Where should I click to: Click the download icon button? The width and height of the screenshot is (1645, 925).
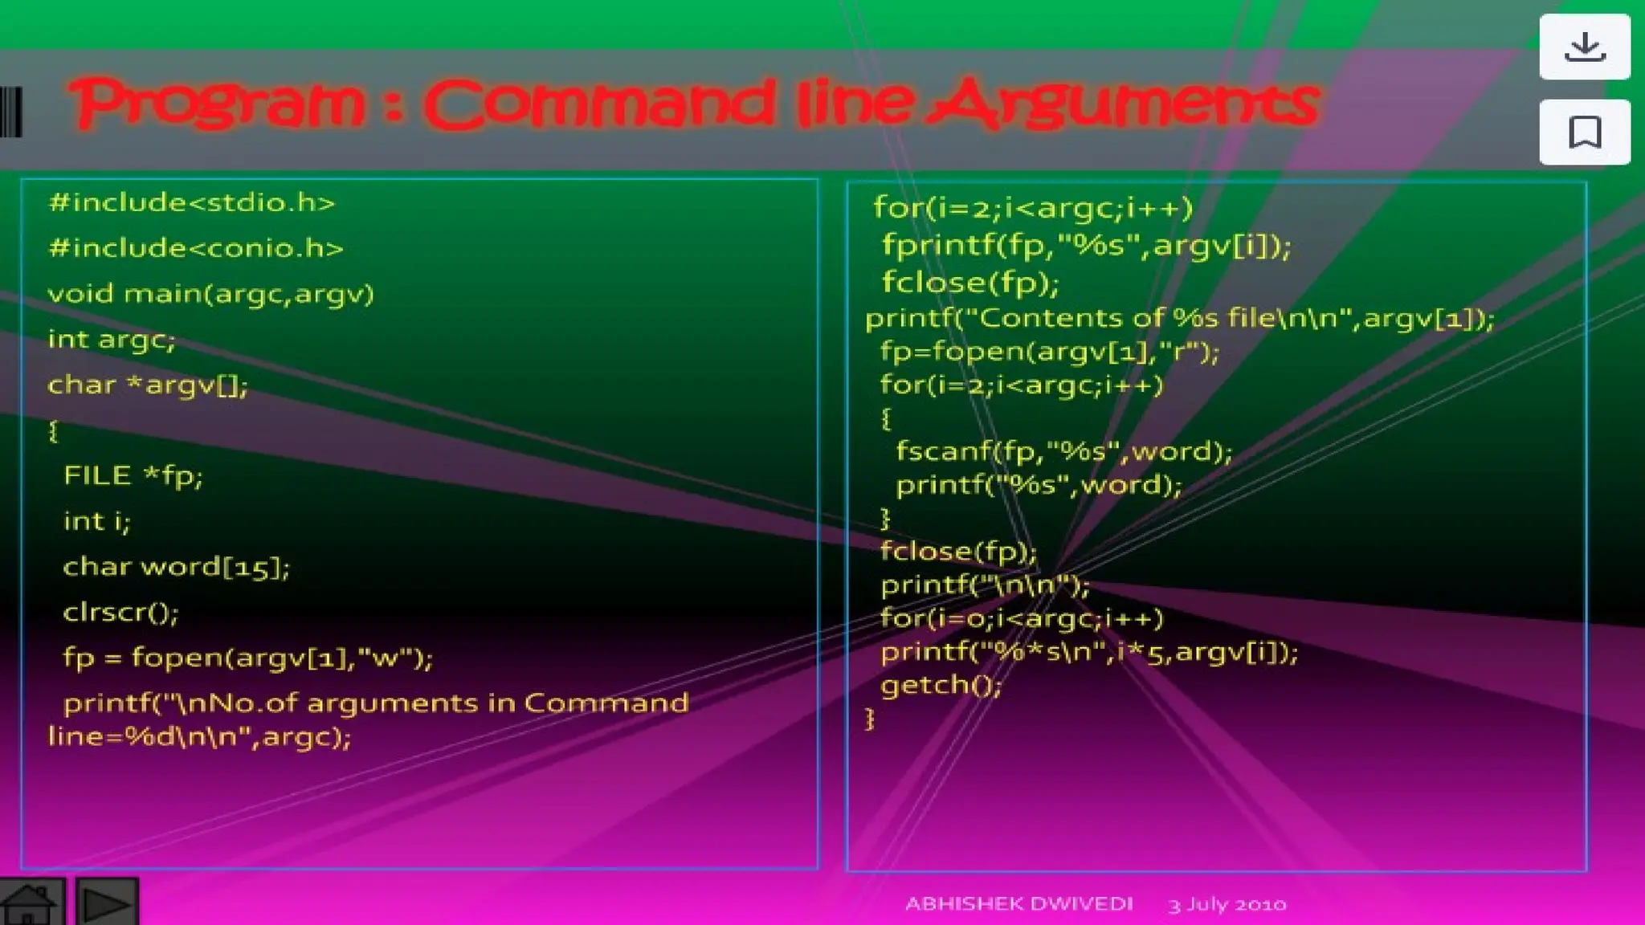(x=1584, y=47)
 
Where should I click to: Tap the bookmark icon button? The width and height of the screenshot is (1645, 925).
(x=1584, y=132)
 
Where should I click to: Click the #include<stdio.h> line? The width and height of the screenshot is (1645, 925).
(x=191, y=202)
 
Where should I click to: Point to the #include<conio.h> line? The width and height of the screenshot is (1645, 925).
(x=195, y=248)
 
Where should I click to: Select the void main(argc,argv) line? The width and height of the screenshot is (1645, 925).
(x=210, y=294)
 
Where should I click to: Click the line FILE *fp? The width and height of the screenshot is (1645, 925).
(x=133, y=475)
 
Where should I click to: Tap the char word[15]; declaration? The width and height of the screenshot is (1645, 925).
(x=176, y=567)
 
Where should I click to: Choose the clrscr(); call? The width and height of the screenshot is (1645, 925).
(x=120, y=613)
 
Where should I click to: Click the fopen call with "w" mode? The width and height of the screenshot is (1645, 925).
(x=247, y=658)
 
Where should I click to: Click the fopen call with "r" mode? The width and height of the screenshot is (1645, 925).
(x=1049, y=352)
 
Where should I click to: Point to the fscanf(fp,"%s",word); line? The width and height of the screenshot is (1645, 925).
(x=1063, y=451)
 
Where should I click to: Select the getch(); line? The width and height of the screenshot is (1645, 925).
(x=941, y=685)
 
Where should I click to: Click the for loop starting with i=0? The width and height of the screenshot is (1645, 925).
(x=1021, y=618)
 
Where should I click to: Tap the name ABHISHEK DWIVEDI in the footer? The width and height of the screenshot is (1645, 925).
(x=1018, y=904)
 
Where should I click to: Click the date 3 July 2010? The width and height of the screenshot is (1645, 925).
(x=1227, y=905)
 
